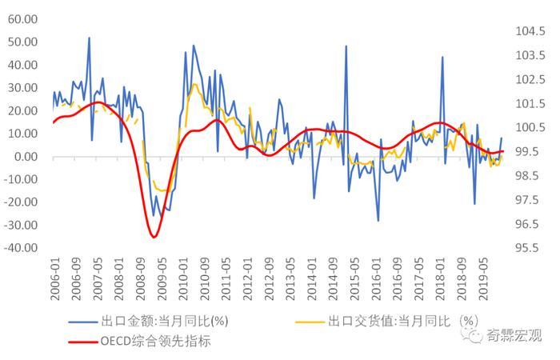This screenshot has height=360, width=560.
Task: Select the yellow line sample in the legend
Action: (307, 322)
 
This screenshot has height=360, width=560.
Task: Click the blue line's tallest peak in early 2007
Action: (89, 38)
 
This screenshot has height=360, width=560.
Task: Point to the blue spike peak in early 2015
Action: (346, 46)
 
